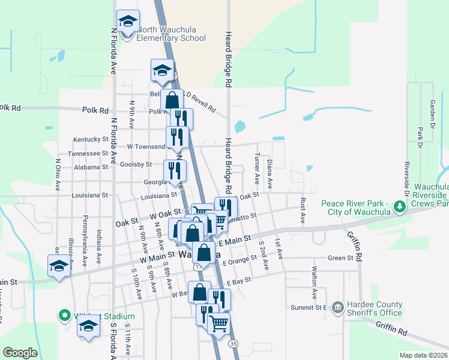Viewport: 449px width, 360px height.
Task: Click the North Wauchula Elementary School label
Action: click(170, 34)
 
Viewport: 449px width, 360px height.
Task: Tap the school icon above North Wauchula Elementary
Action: click(128, 22)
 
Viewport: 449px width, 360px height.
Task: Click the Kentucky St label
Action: click(90, 139)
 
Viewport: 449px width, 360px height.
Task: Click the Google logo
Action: click(20, 353)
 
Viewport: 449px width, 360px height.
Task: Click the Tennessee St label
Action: click(88, 153)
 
